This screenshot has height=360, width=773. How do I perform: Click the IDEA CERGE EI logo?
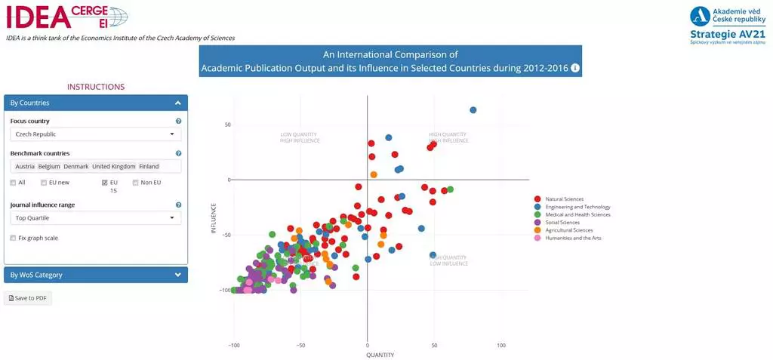click(x=66, y=17)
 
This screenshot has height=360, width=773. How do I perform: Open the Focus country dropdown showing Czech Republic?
click(x=95, y=134)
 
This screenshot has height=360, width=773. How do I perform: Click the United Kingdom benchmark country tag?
click(x=113, y=166)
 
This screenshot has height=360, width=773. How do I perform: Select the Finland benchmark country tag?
click(x=149, y=166)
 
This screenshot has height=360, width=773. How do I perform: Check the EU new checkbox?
click(x=45, y=183)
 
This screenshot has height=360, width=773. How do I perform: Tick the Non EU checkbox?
click(x=135, y=183)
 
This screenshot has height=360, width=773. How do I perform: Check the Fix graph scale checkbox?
click(x=13, y=238)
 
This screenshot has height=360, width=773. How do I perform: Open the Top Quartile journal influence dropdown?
click(x=95, y=218)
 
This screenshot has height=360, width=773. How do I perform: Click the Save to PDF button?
click(x=28, y=298)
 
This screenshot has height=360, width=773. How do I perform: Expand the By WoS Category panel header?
click(x=95, y=275)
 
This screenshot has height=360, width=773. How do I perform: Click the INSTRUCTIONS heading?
click(x=96, y=87)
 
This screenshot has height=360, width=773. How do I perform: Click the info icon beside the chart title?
click(x=575, y=69)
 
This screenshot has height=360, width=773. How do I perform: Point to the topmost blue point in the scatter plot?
click(x=473, y=110)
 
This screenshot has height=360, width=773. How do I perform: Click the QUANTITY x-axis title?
click(x=380, y=355)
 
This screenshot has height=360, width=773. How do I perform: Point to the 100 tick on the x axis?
click(x=501, y=345)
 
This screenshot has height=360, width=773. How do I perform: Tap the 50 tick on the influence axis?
click(x=226, y=125)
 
